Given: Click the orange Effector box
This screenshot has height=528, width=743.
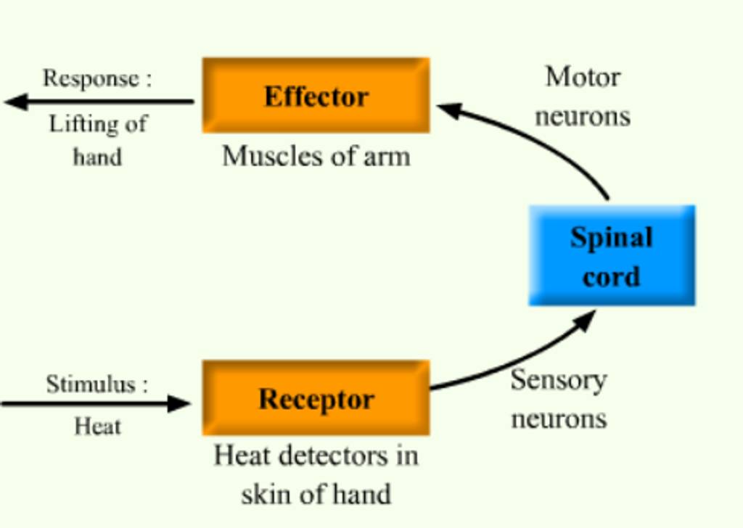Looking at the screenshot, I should click(316, 96).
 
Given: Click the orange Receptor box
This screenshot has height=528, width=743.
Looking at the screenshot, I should click(316, 398).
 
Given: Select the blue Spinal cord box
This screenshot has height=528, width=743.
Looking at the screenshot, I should click(611, 255).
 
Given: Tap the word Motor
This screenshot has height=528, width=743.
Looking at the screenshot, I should click(582, 77).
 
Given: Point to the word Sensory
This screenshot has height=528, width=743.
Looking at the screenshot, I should click(558, 379).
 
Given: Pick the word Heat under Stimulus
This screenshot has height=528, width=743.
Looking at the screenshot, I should click(97, 426).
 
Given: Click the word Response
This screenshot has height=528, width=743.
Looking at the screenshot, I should click(90, 78).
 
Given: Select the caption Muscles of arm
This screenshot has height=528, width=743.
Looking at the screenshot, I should click(316, 156).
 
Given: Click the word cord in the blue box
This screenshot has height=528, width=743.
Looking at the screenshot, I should click(611, 276).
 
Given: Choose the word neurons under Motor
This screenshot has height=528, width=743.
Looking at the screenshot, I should click(582, 116).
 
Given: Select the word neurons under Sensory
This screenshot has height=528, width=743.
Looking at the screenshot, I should click(558, 418).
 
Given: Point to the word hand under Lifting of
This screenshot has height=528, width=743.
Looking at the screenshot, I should click(97, 157).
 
